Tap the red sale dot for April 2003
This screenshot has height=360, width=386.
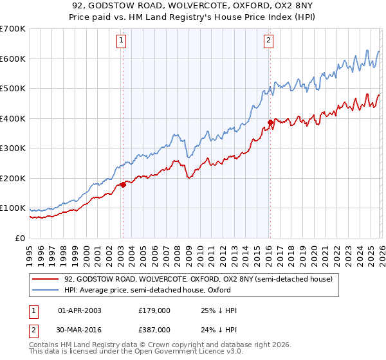point(123,184)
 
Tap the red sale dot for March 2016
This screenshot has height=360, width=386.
point(270,122)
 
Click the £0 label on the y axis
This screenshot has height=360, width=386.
point(20,238)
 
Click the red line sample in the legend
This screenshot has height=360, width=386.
point(46,280)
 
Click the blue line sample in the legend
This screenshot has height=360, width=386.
point(46,290)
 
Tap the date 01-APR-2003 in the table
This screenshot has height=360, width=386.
point(80,310)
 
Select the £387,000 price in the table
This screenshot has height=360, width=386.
point(154,329)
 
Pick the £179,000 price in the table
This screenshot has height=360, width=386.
point(154,310)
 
